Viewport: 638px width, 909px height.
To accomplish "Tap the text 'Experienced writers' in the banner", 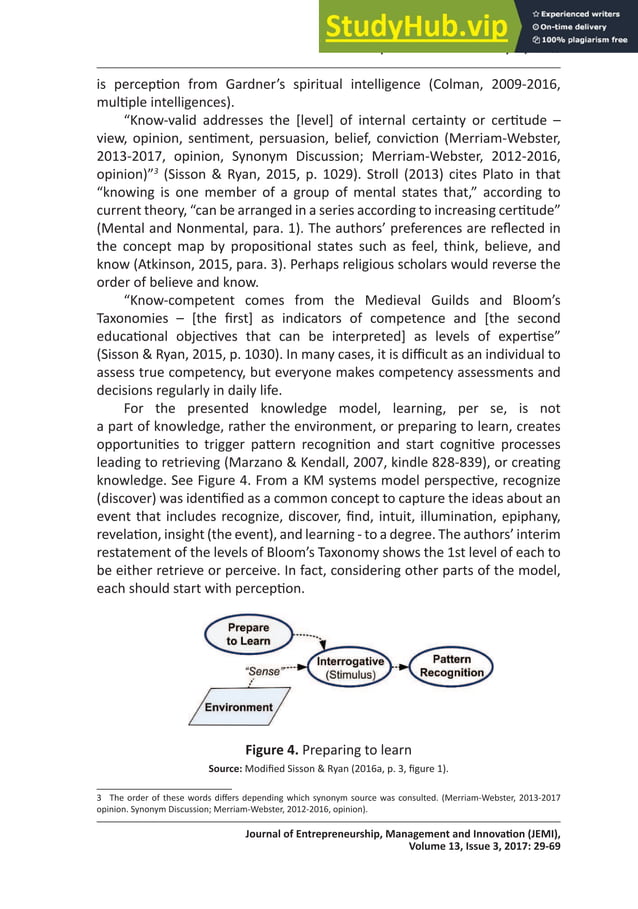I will click(x=584, y=11).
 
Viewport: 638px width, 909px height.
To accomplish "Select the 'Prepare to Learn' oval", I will click(x=247, y=634).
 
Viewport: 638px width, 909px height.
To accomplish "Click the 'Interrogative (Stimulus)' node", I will click(x=350, y=668).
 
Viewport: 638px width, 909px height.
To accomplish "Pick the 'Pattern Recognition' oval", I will click(x=451, y=666).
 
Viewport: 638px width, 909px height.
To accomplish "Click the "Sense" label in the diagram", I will click(x=263, y=672).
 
